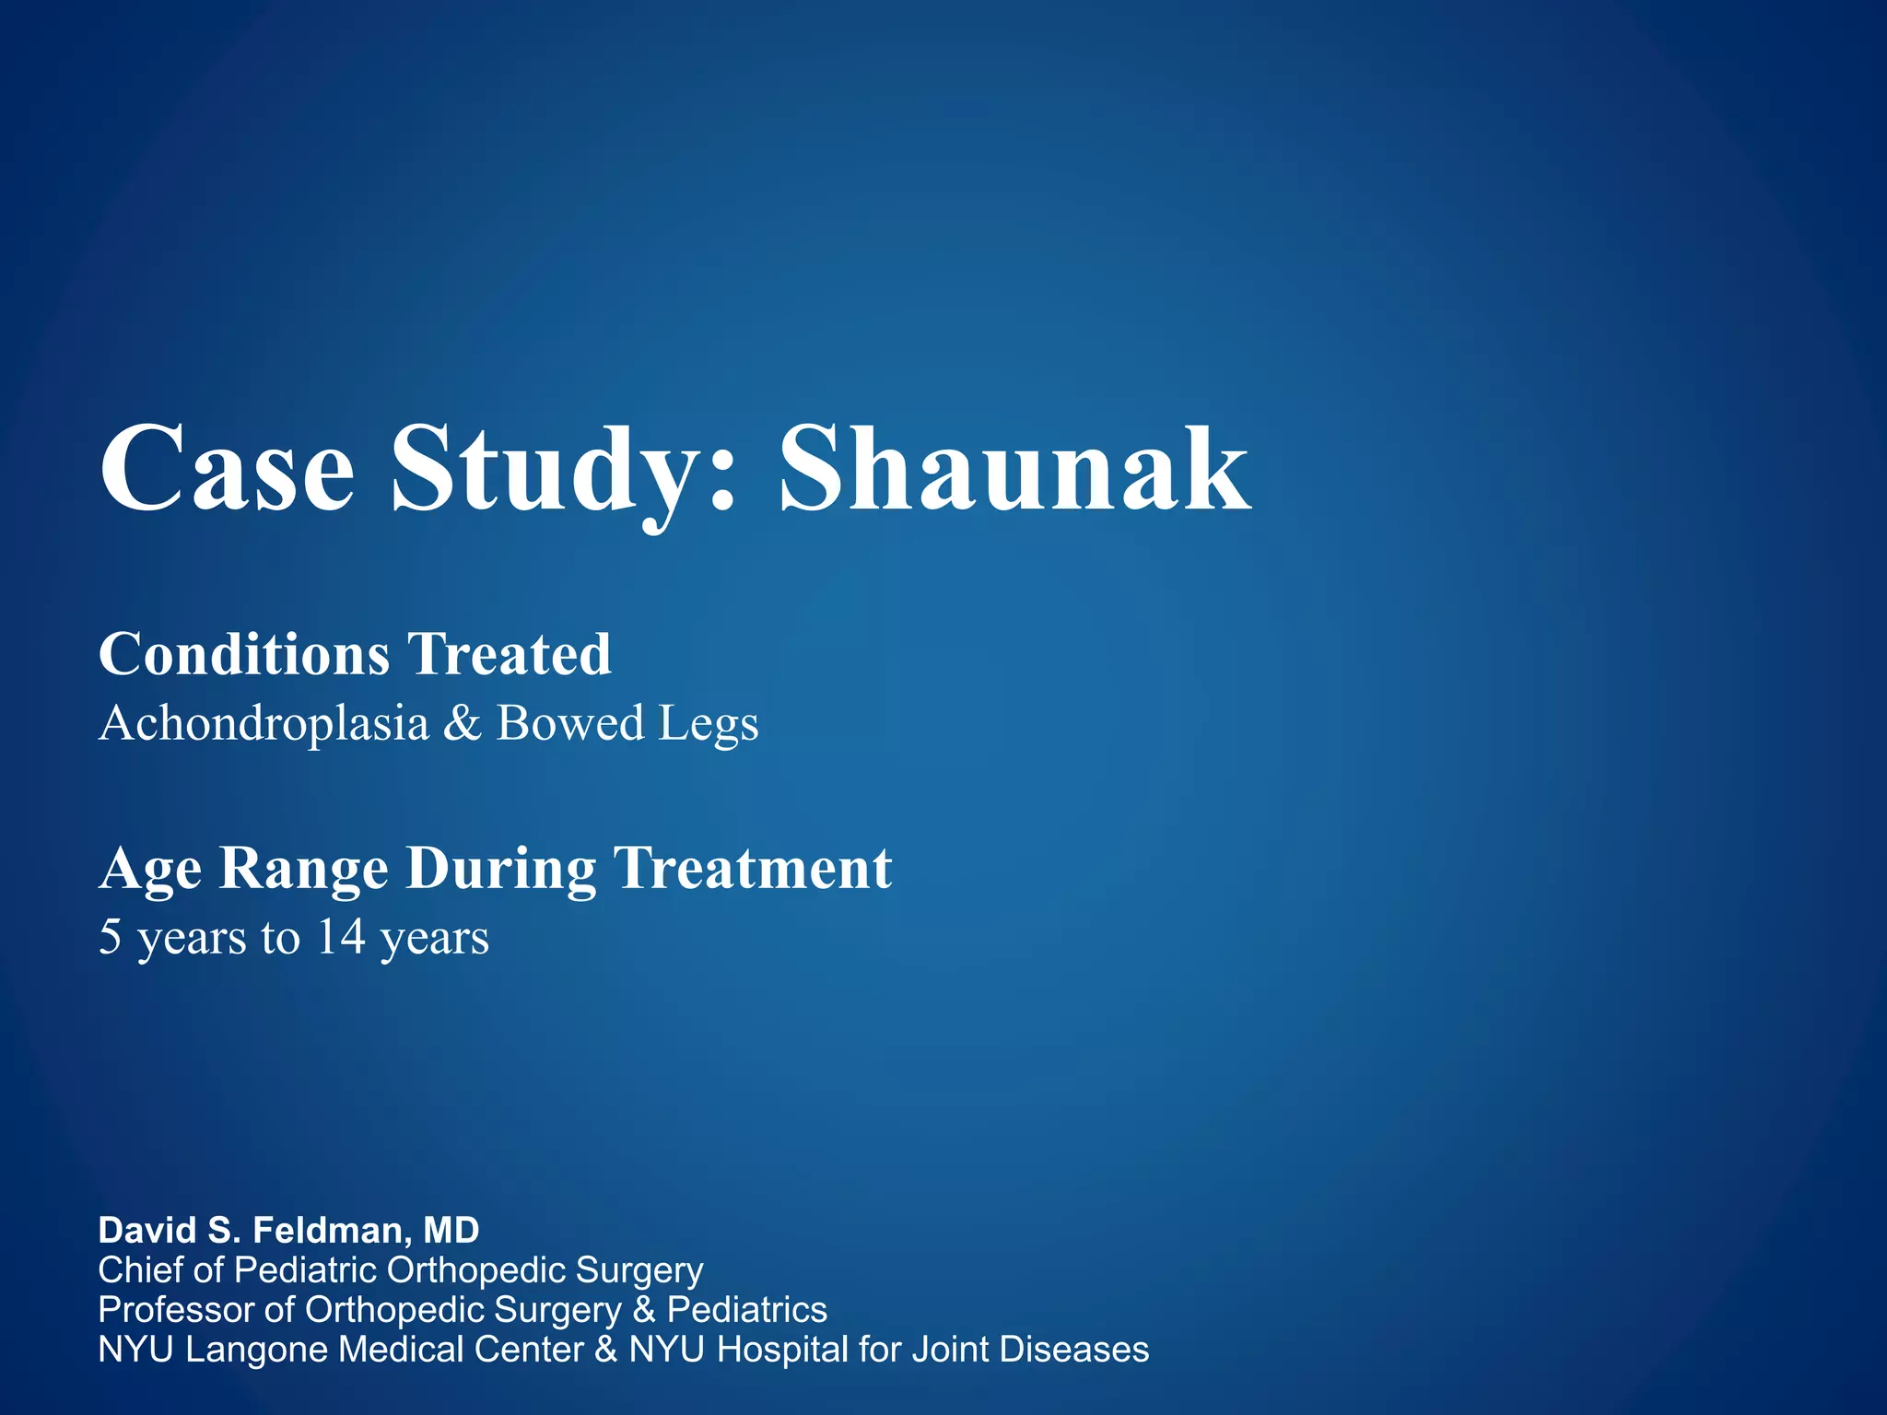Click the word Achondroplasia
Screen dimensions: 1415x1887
[x=264, y=722]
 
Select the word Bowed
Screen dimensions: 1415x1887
[x=569, y=722]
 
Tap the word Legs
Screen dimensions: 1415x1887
[x=709, y=724]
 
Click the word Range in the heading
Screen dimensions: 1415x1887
[x=304, y=869]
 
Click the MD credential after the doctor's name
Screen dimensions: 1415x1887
[x=451, y=1230]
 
